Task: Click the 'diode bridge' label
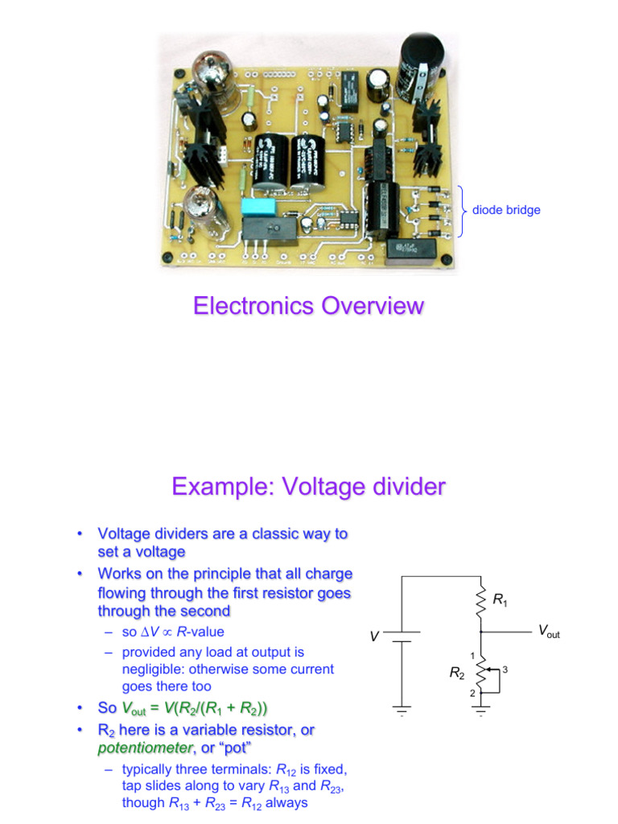pos(506,210)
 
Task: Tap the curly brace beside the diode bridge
pos(463,211)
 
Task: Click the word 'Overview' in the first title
pos(372,306)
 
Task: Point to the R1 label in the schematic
pos(500,599)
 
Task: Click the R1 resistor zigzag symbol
pos(481,599)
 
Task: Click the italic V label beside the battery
pos(374,637)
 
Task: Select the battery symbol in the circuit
pos(402,637)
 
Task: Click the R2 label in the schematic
pos(457,673)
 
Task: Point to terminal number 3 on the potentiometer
pos(505,669)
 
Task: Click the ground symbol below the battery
pos(402,710)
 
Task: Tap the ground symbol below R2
pos(481,710)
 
